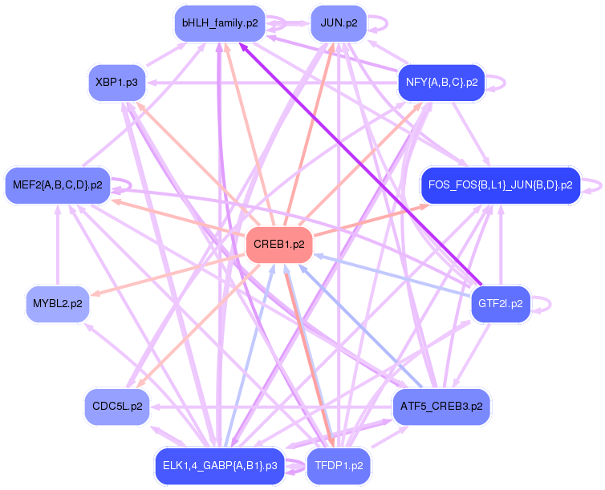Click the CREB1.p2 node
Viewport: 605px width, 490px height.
click(x=278, y=245)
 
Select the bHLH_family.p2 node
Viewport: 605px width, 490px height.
click(x=219, y=23)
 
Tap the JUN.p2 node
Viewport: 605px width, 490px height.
click(x=339, y=23)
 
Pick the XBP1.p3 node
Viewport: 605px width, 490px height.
click(x=116, y=82)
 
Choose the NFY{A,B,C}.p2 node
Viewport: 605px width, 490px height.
click(x=441, y=82)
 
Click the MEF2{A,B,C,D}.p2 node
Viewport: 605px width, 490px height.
click(x=57, y=185)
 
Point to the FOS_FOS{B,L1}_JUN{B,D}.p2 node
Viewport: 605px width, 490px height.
click(x=500, y=185)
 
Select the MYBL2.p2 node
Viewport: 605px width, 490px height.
click(x=57, y=304)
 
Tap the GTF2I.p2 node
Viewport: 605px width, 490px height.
click(x=500, y=304)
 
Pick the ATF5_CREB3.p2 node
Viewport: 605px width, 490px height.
click(x=441, y=407)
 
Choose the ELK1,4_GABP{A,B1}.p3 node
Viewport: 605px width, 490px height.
click(x=219, y=466)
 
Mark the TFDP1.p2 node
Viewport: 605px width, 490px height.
click(x=339, y=466)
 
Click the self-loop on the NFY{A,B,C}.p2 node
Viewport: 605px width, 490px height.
click(x=499, y=82)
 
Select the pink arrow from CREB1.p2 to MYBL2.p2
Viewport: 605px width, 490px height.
click(x=169, y=274)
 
